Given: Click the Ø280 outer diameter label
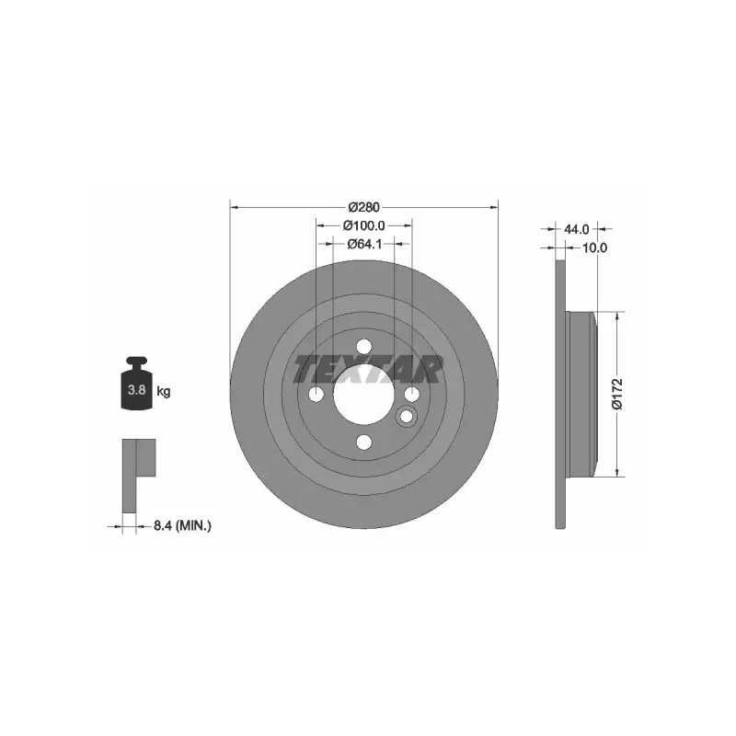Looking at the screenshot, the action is [363, 206].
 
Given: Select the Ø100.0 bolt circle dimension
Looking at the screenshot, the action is [363, 225].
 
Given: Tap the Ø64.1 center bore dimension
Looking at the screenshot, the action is [363, 244].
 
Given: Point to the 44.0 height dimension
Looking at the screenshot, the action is [576, 229].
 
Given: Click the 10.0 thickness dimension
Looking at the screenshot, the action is [594, 247].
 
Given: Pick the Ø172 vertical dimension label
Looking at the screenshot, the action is [617, 394].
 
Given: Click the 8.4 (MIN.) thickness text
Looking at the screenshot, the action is [182, 525].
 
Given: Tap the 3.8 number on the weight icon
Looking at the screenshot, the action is [136, 389].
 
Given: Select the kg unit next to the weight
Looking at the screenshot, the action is [164, 390].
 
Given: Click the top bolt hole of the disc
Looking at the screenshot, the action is [363, 347].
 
